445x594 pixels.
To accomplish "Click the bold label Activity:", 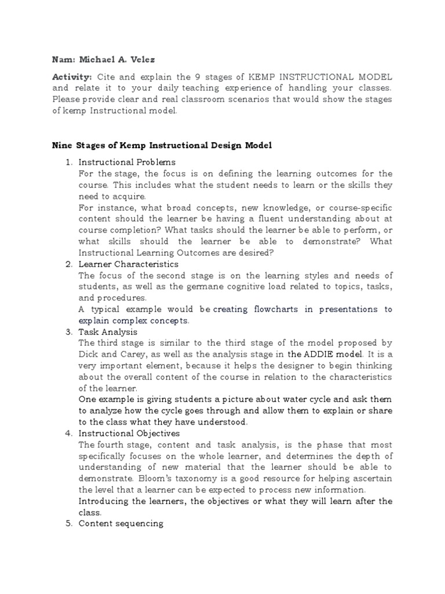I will click(x=72, y=77).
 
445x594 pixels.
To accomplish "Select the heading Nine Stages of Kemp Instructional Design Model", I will click(x=162, y=145).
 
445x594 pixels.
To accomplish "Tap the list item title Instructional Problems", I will click(x=127, y=162).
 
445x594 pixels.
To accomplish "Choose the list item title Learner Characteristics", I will click(x=128, y=264).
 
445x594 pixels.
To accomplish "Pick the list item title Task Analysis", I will click(x=108, y=332).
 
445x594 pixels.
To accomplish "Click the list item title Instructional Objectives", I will click(x=129, y=433).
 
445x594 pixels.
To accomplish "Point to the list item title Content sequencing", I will click(x=121, y=524).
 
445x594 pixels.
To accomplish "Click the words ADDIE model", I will click(x=333, y=354).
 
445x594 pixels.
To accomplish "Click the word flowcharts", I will click(x=276, y=309).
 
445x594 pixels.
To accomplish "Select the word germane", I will click(x=191, y=287).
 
